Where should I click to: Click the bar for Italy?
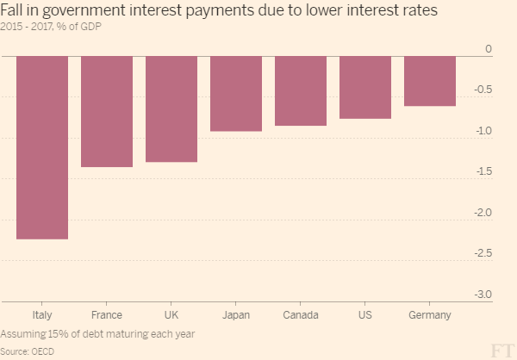coord(42,147)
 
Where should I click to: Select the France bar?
coord(107,111)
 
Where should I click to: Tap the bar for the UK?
coord(171,109)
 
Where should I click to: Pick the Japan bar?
coord(236,94)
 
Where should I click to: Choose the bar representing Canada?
coord(301,90)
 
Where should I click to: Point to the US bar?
coord(365,87)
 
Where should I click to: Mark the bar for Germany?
coord(430,81)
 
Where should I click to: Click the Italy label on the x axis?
coord(42,315)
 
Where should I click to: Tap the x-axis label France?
coord(107,315)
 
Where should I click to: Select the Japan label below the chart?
coord(236,315)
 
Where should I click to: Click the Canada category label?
coord(301,315)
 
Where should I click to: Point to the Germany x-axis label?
coord(430,315)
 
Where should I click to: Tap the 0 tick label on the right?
coord(489,49)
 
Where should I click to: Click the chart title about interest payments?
coord(219,11)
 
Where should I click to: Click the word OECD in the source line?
coord(43,351)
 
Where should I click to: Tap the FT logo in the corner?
coord(501,349)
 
